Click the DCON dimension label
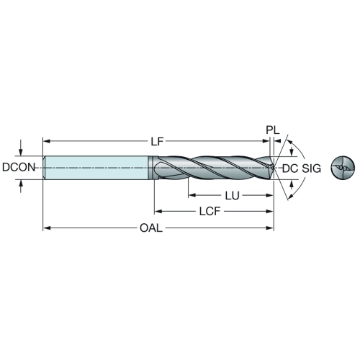coord(19,167)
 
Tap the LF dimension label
coord(157,141)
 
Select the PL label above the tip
coord(273,130)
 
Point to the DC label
coord(290,168)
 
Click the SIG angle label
coord(311,168)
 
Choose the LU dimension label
coord(232,196)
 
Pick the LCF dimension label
coord(210,212)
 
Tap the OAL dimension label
coord(151,228)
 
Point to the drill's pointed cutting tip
coord(274,167)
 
